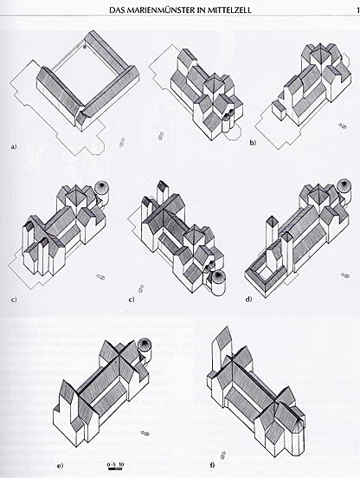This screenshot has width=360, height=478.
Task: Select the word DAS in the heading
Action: pyautogui.click(x=116, y=10)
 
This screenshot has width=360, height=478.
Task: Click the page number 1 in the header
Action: pyautogui.click(x=357, y=10)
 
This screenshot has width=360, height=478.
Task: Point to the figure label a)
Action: pyautogui.click(x=13, y=147)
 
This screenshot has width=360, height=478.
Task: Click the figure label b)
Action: pyautogui.click(x=253, y=143)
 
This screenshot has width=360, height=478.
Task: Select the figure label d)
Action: pyautogui.click(x=249, y=299)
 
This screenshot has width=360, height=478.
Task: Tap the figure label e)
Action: pyautogui.click(x=60, y=466)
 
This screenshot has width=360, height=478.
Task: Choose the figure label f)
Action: pyautogui.click(x=212, y=466)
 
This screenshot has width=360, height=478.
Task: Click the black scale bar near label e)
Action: pyautogui.click(x=116, y=468)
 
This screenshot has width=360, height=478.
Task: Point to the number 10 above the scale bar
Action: pyautogui.click(x=121, y=464)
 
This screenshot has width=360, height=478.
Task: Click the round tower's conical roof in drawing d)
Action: pyautogui.click(x=344, y=185)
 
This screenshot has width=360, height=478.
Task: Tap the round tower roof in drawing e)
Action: pyautogui.click(x=145, y=346)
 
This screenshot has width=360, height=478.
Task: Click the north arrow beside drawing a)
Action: pyautogui.click(x=122, y=142)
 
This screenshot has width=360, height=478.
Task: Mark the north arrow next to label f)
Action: pyautogui.click(x=225, y=455)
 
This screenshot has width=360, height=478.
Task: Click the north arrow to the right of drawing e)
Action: pyautogui.click(x=146, y=434)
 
